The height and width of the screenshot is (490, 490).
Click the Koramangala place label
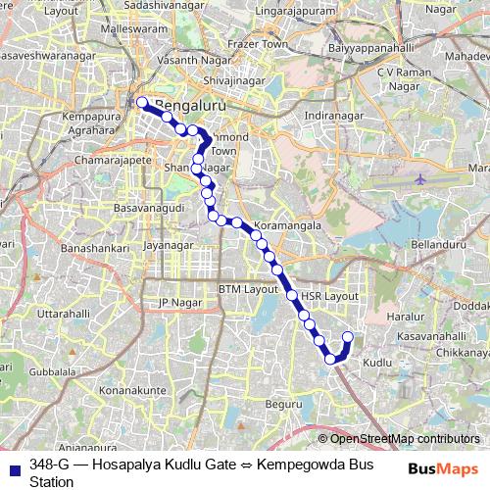289,224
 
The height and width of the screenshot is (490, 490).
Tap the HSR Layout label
324,295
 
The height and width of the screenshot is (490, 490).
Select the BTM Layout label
249,290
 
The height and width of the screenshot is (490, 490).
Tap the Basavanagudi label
148,210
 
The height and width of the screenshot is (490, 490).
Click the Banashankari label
95,250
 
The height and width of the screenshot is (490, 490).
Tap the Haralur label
403,318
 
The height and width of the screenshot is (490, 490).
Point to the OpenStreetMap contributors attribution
404,438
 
